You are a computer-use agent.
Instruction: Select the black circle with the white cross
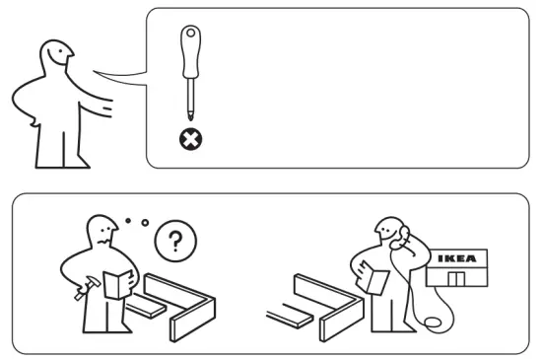pos(188,140)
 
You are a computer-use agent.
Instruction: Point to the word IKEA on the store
pos(459,258)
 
